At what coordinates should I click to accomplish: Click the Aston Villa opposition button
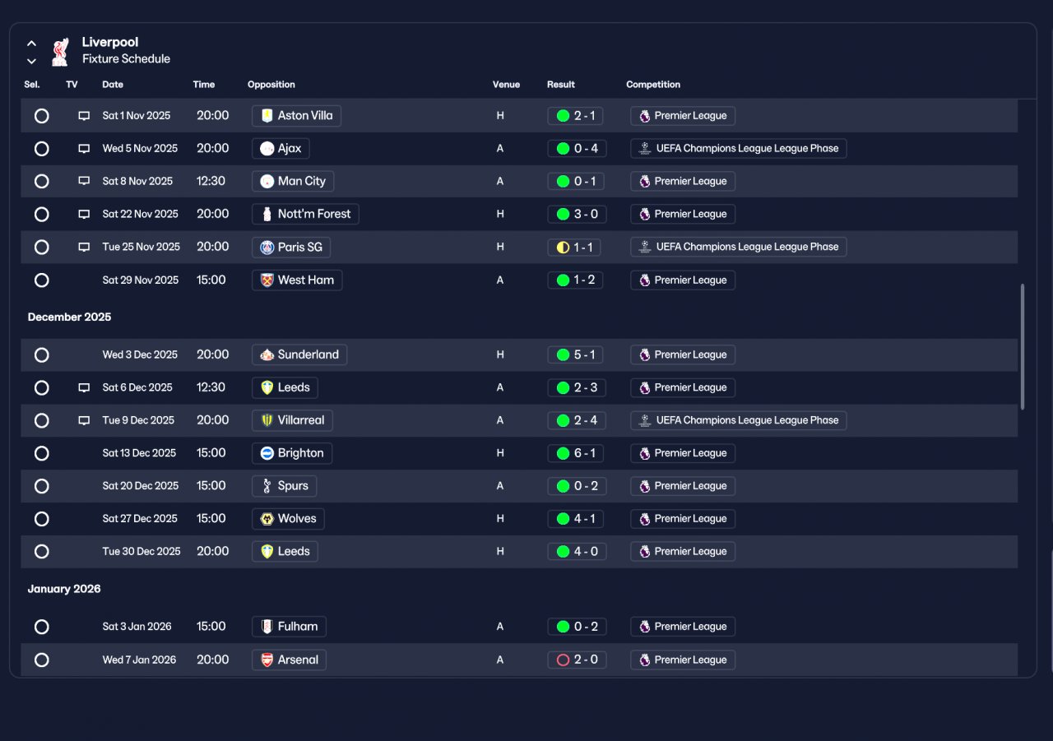coord(296,116)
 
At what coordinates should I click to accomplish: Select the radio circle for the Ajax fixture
coord(41,149)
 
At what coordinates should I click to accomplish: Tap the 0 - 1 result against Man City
coord(575,182)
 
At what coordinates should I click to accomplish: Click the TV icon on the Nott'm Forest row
coord(84,214)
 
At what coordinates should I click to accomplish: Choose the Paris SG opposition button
coord(291,248)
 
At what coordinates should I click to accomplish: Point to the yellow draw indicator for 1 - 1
coord(563,248)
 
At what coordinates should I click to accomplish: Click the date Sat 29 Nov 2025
coord(141,280)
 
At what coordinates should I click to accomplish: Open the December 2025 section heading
coord(70,317)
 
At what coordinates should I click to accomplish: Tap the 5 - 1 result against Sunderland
coord(575,354)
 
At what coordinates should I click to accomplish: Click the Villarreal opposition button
coord(292,420)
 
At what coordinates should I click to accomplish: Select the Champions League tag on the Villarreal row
coord(739,420)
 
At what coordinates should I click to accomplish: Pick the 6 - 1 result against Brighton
coord(575,453)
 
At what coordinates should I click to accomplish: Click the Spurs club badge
coord(267,486)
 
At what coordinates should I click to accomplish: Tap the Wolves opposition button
coord(288,519)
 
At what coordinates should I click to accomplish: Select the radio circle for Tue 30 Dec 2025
coord(41,551)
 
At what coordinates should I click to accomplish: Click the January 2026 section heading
coord(64,589)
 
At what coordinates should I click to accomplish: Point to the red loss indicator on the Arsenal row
coord(563,660)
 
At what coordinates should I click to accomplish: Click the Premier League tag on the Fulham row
coord(683,627)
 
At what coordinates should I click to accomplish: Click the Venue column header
coord(506,85)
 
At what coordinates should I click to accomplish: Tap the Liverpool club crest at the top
coord(60,52)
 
